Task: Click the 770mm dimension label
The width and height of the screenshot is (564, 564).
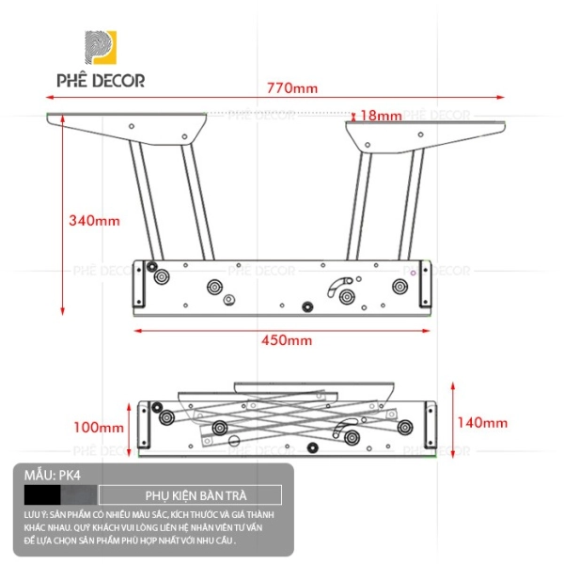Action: [292, 88]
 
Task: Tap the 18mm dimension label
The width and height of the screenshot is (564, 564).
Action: [381, 116]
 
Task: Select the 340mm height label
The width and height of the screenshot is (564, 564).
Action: [94, 221]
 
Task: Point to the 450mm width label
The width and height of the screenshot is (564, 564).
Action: [287, 340]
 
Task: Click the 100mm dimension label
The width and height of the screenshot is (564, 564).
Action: [99, 428]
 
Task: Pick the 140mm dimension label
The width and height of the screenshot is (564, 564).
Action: [482, 423]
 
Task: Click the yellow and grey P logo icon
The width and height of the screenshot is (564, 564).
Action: [101, 48]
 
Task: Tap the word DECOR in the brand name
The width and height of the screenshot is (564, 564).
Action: [118, 81]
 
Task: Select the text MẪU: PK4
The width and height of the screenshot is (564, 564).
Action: [53, 476]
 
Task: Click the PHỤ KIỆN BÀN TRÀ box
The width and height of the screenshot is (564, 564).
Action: [190, 495]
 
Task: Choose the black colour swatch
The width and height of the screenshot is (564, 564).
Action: [42, 495]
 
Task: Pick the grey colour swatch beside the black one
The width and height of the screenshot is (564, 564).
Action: [79, 495]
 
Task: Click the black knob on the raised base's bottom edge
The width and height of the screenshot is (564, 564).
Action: [307, 306]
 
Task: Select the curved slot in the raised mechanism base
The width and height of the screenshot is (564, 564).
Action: [338, 286]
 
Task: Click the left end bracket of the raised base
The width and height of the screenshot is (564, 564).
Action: [139, 284]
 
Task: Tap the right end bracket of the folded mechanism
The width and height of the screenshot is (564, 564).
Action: [431, 425]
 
